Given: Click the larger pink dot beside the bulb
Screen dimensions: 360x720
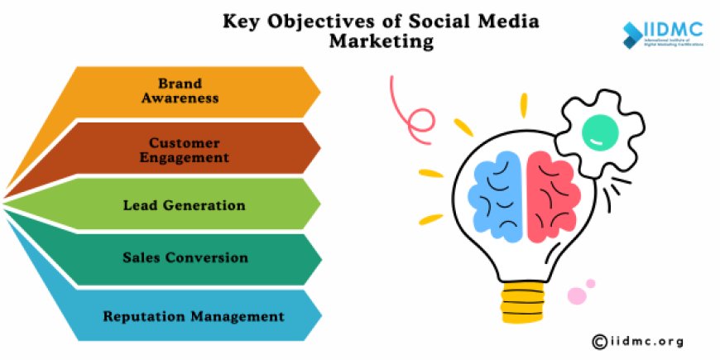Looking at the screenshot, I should [x=576, y=295].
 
